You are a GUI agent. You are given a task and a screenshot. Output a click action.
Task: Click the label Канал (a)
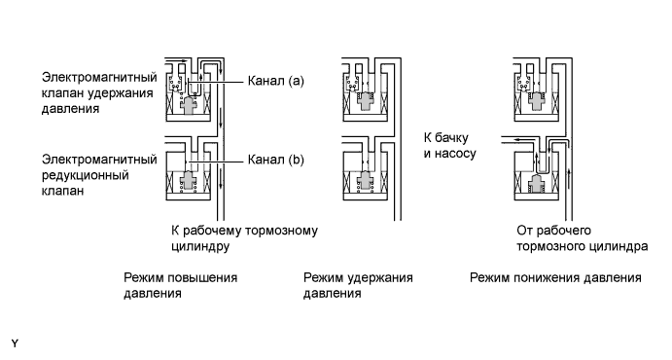[x=276, y=82]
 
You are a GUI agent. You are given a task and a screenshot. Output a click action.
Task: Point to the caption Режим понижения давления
[x=555, y=278]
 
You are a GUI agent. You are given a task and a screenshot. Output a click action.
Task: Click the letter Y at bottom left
[x=15, y=343]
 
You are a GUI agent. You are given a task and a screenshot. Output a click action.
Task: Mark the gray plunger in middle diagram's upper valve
[x=368, y=102]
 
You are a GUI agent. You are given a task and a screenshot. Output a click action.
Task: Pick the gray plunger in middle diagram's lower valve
[x=368, y=182]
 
